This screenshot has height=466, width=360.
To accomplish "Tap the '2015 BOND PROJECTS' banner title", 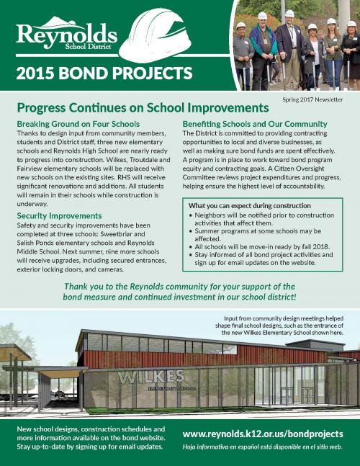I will point(104,73).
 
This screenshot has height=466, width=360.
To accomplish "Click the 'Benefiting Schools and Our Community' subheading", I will point(256,124).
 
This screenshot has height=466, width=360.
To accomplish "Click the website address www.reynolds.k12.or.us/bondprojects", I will point(261,434).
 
